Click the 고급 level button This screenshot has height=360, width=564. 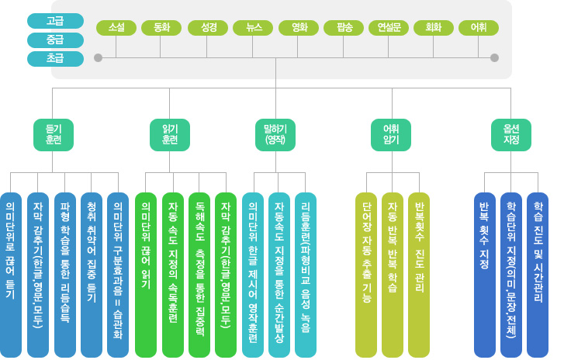pyautogui.click(x=55, y=21)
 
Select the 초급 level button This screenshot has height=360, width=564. pyautogui.click(x=55, y=58)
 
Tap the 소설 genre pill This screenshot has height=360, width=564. pyautogui.click(x=116, y=28)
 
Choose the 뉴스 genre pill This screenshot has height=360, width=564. pyautogui.click(x=253, y=28)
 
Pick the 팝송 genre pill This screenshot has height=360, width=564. pyautogui.click(x=344, y=28)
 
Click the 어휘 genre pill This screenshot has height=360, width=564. pyautogui.click(x=479, y=28)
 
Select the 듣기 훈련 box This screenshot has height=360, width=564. pyautogui.click(x=53, y=134)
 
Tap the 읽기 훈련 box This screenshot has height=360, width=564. pyautogui.click(x=169, y=134)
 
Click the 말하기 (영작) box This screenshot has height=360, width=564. pyautogui.click(x=276, y=134)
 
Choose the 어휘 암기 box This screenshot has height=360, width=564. pyautogui.click(x=391, y=134)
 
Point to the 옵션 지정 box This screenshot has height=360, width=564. pyautogui.click(x=511, y=134)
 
